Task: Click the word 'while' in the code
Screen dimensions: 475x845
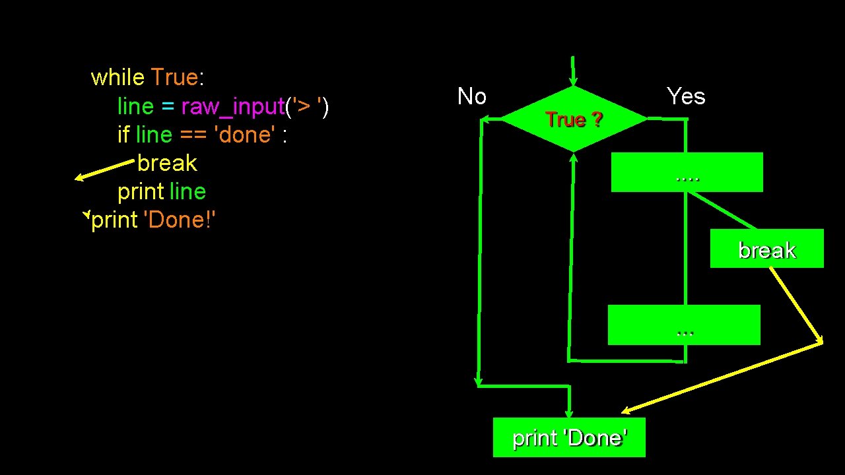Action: tap(118, 78)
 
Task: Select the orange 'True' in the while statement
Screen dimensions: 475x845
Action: tap(174, 78)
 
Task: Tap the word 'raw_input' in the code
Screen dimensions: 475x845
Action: tap(232, 106)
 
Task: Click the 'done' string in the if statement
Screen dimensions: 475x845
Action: tap(244, 135)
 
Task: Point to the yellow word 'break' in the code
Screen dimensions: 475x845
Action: tap(167, 163)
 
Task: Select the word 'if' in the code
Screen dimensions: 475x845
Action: tap(123, 135)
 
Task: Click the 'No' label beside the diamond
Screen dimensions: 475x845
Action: tap(472, 97)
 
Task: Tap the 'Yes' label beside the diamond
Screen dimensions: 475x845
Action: tap(686, 96)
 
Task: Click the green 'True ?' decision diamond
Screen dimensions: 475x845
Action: tap(574, 119)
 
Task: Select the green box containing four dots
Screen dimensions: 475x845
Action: tap(687, 172)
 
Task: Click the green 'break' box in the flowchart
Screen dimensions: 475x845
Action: tap(766, 249)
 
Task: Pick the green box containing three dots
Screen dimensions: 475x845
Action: tap(684, 325)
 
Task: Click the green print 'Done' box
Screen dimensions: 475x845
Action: tap(569, 437)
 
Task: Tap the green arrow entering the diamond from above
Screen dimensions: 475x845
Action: tap(573, 71)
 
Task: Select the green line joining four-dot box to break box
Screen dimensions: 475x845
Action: tap(724, 210)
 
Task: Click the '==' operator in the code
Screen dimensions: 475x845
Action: tap(193, 135)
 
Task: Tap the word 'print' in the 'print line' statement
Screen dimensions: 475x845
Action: tap(141, 191)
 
